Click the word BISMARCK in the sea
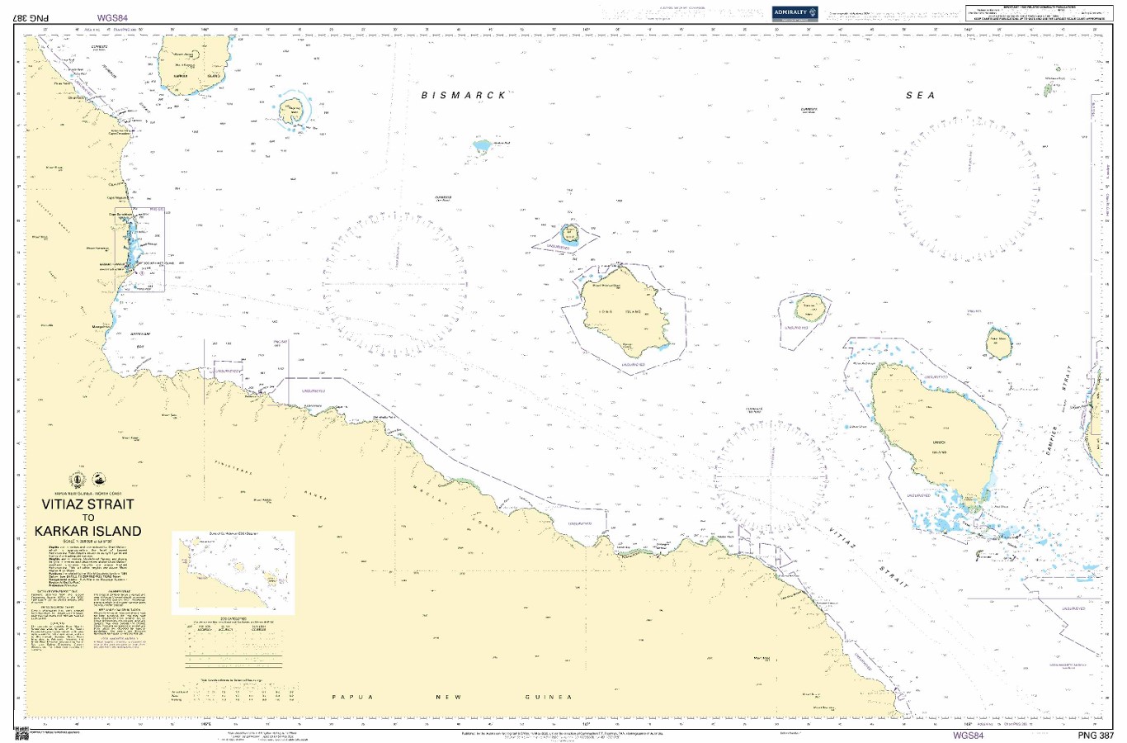pos(464,96)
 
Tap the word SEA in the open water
pos(921,96)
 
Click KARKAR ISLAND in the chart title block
pos(87,532)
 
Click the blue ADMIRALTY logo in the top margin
pos(795,12)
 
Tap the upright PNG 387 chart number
pos(1096,736)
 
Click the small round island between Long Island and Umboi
pos(809,310)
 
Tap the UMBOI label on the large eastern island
pos(939,443)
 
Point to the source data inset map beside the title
pos(233,572)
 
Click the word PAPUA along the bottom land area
pos(353,698)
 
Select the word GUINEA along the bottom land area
pos(548,698)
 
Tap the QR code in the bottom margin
pos(20,734)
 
